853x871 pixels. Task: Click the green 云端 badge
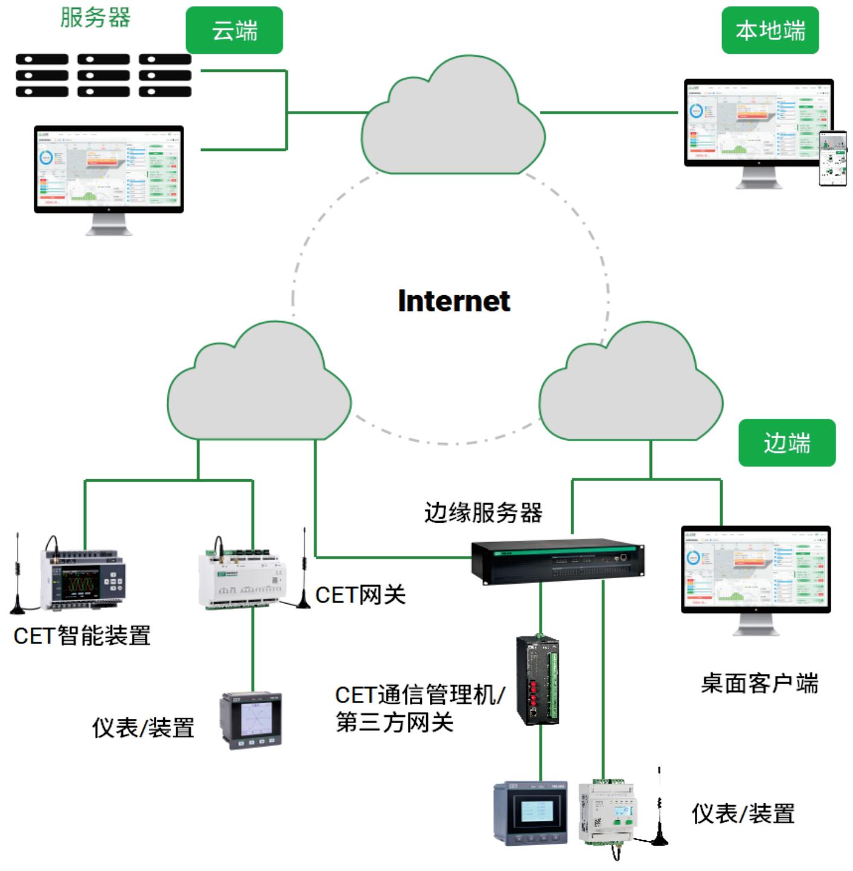pyautogui.click(x=234, y=30)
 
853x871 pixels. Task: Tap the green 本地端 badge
pyautogui.click(x=770, y=30)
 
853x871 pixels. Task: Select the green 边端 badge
pyautogui.click(x=787, y=443)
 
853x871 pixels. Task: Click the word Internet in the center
pyautogui.click(x=454, y=301)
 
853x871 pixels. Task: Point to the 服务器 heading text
pyautogui.click(x=95, y=17)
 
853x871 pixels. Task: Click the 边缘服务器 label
pyautogui.click(x=483, y=512)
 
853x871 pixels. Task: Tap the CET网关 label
pyautogui.click(x=360, y=595)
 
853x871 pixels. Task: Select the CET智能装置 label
pyautogui.click(x=82, y=636)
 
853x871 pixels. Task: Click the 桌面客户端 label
pyautogui.click(x=759, y=683)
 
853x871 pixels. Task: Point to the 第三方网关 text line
pyautogui.click(x=394, y=722)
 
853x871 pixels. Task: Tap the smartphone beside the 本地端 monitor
pyautogui.click(x=832, y=158)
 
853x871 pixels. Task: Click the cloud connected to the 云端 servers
pyautogui.click(x=453, y=121)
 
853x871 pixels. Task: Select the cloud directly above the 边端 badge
pyautogui.click(x=631, y=386)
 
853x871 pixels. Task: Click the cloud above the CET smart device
pyautogui.click(x=258, y=386)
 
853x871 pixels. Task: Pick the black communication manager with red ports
pyautogui.click(x=537, y=680)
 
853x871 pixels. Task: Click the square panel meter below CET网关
pyautogui.click(x=251, y=721)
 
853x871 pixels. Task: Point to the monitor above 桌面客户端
pyautogui.click(x=756, y=570)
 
